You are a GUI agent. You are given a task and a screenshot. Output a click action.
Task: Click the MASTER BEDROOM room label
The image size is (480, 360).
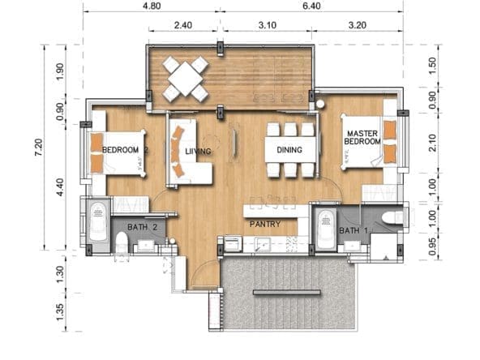(362, 138)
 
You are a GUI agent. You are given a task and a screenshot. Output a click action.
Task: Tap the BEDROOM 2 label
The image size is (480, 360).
(125, 150)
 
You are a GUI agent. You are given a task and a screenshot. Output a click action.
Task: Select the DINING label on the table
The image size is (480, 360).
(289, 150)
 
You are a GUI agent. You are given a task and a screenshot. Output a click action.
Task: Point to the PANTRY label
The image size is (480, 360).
(265, 224)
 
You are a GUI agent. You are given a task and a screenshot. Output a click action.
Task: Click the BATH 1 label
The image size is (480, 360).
(353, 230)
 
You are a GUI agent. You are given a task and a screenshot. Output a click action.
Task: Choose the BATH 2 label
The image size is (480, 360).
(143, 227)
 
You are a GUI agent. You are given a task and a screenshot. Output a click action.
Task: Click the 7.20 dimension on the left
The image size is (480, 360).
(39, 148)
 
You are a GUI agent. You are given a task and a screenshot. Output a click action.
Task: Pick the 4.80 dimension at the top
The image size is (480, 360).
(152, 6)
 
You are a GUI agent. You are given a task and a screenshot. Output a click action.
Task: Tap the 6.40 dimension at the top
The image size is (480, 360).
(311, 6)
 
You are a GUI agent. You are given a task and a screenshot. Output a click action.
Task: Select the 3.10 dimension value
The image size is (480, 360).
(268, 25)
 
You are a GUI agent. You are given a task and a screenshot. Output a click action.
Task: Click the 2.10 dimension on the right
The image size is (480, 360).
(432, 143)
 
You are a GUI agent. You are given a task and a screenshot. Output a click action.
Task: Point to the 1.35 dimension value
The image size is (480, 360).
(60, 312)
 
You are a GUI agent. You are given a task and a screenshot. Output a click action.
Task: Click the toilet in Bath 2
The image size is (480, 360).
(122, 242)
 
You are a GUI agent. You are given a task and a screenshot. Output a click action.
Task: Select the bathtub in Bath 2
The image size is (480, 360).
(98, 221)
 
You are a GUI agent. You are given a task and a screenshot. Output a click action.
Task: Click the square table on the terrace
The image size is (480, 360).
(186, 79)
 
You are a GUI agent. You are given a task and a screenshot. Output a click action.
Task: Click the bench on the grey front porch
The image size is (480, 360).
(287, 293)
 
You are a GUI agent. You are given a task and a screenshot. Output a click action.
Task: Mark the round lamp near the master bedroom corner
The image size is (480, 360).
(320, 104)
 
